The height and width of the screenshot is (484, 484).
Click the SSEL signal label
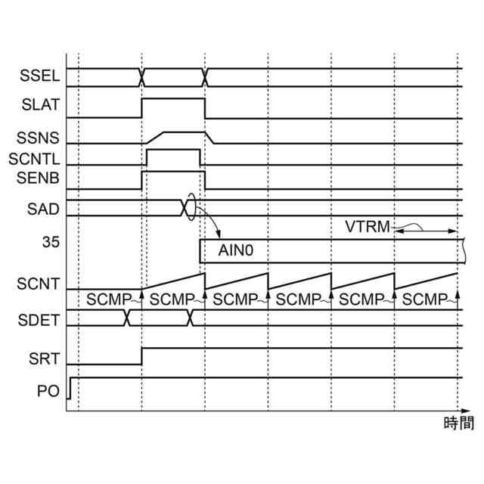[x=38, y=76]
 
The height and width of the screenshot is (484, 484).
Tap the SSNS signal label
[x=38, y=139]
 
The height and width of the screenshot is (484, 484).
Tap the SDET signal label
[x=38, y=317]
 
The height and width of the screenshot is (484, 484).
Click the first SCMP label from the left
[x=109, y=299]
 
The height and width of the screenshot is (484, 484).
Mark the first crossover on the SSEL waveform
[x=141, y=77]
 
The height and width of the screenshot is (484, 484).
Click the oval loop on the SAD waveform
[x=191, y=208]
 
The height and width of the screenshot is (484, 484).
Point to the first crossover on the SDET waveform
[x=128, y=318]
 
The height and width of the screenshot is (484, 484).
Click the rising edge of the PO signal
[x=70, y=387]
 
